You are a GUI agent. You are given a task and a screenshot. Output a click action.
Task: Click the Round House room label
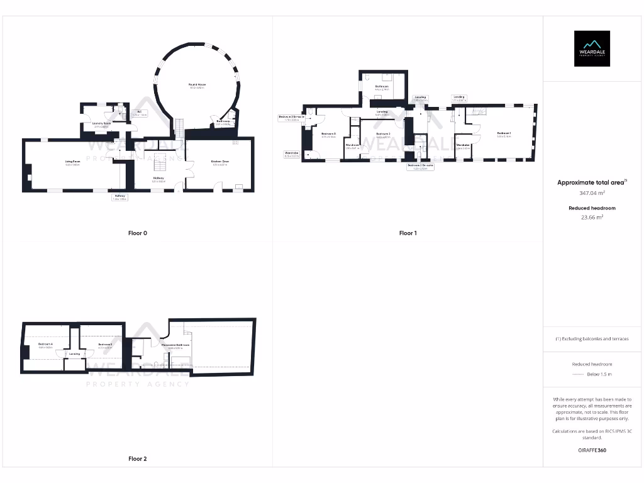[x=197, y=86]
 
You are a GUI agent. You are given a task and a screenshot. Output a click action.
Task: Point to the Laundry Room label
[x=101, y=125]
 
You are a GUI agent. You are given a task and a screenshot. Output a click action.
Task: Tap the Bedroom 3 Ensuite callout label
[x=291, y=118]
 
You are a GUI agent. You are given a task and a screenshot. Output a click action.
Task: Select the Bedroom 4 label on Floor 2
[x=45, y=345]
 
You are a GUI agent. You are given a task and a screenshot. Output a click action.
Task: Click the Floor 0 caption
[x=138, y=233]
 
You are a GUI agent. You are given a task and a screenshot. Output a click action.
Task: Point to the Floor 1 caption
[x=408, y=233]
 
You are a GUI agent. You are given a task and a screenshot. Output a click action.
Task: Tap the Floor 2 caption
[x=138, y=459]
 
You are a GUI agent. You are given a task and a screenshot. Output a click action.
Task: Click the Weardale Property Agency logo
[x=591, y=48]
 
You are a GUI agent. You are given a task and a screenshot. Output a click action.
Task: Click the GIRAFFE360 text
[x=591, y=450]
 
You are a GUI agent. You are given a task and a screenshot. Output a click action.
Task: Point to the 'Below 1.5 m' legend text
[x=599, y=374]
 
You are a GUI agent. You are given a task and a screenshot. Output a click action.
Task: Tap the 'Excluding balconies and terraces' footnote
[x=592, y=339]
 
